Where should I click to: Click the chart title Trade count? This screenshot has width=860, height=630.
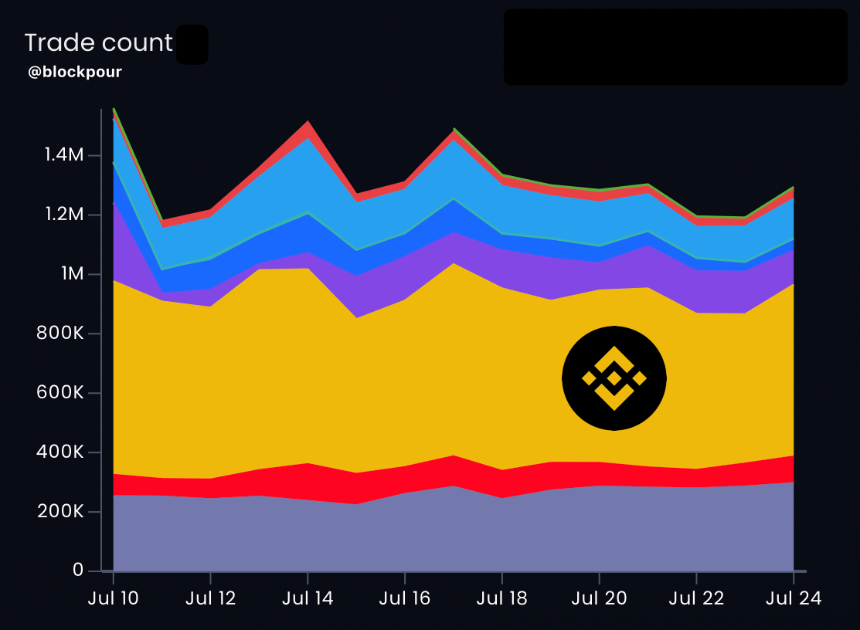tap(98, 43)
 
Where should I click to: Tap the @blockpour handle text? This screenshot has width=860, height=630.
tap(75, 73)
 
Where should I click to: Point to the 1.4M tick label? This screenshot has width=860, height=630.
tap(63, 155)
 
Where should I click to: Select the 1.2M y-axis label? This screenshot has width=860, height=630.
tap(63, 215)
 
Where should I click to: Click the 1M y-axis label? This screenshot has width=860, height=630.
tap(70, 274)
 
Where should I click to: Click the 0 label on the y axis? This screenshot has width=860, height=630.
tap(78, 571)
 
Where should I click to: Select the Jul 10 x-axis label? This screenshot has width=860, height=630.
tap(113, 599)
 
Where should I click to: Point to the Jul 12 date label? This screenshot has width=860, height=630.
tap(210, 599)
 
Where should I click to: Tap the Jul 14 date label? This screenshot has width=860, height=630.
tap(308, 599)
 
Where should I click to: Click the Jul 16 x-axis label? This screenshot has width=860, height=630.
tap(405, 599)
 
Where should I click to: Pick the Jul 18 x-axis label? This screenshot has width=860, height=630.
tap(502, 599)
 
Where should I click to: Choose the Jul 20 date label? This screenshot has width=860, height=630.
tap(600, 599)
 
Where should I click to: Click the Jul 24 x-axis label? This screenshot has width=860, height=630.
tap(793, 599)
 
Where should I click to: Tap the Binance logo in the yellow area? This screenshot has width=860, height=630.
tap(614, 378)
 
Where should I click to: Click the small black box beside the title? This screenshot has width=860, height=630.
tap(192, 45)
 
